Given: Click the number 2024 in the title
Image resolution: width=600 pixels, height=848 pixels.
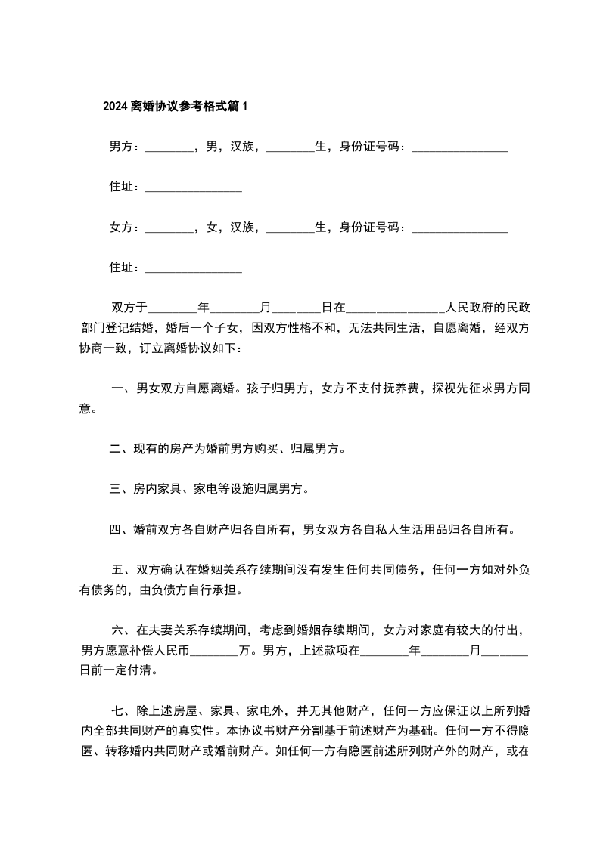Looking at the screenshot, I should [115, 107].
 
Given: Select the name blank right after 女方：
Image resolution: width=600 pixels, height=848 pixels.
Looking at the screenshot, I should [169, 227].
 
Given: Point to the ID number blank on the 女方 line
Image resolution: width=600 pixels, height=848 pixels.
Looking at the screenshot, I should [459, 227].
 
